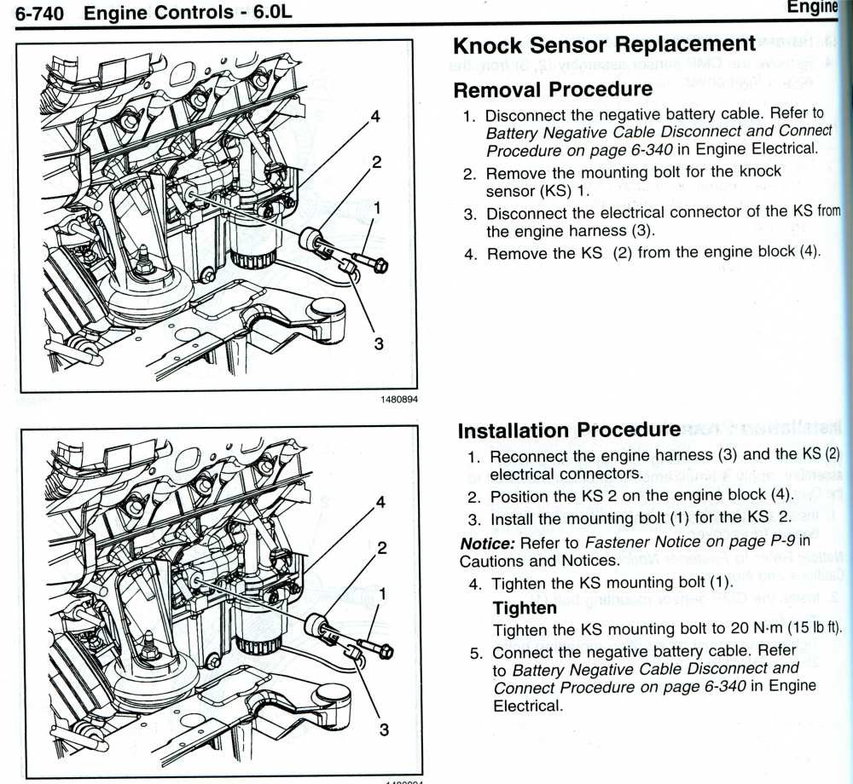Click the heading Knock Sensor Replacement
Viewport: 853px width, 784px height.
[x=604, y=46]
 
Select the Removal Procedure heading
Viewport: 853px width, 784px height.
[x=553, y=89]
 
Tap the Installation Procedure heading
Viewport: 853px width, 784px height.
[x=569, y=430]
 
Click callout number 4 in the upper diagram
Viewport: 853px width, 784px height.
[x=376, y=115]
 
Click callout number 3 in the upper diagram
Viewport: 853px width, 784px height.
[x=380, y=343]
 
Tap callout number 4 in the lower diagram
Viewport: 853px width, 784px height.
[x=380, y=502]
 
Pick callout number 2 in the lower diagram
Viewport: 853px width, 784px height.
[x=383, y=547]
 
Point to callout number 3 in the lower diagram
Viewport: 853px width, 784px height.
[x=384, y=729]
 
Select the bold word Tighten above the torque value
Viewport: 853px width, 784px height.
[x=525, y=608]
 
